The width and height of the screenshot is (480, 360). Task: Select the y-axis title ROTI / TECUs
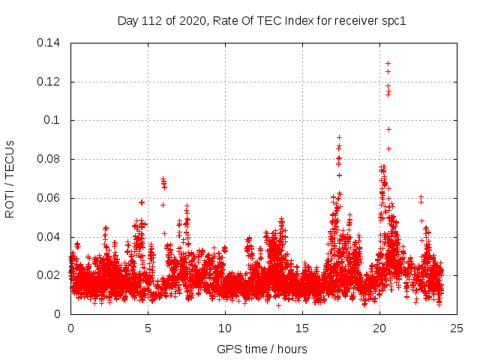[10, 178]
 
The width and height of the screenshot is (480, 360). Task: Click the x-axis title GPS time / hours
[262, 349]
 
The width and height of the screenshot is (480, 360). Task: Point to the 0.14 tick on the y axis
[50, 42]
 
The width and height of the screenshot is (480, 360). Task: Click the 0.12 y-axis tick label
[50, 81]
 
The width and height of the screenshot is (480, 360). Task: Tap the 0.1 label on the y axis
[54, 120]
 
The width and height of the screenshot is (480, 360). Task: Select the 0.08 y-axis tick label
[50, 159]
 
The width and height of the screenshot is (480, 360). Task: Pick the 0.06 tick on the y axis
[50, 198]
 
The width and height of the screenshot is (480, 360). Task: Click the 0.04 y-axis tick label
[50, 237]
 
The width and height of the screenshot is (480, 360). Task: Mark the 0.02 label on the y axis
[50, 275]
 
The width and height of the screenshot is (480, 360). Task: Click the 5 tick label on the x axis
[148, 328]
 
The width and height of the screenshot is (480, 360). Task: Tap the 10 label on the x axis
[225, 328]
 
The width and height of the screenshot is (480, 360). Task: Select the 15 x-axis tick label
[302, 328]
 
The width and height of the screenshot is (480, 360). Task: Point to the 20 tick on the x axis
[379, 328]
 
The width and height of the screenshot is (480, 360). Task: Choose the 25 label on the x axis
[457, 328]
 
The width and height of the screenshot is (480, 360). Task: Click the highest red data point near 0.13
[388, 63]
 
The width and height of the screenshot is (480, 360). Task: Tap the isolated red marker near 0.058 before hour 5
[142, 202]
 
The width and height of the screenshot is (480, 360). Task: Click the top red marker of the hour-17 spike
[339, 137]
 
